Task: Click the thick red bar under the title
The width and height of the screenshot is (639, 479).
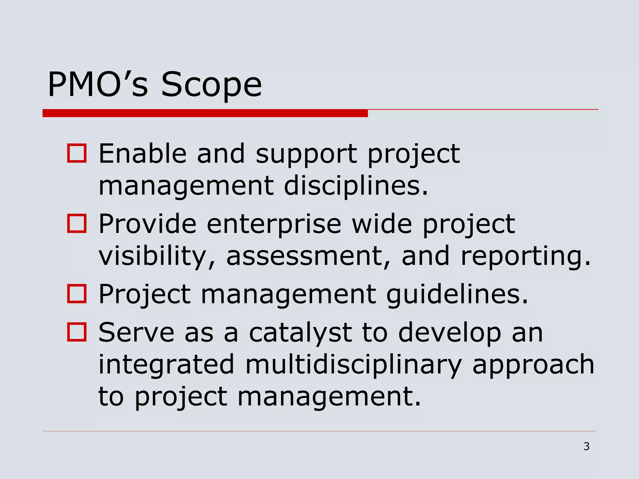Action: (205, 113)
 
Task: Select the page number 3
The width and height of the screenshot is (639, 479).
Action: (586, 447)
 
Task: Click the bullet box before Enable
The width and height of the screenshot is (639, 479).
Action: (77, 153)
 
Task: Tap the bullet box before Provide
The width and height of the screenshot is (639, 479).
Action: (77, 224)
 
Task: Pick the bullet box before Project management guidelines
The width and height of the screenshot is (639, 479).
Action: (77, 294)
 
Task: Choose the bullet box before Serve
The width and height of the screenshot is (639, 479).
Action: (77, 332)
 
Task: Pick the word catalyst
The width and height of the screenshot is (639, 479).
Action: (300, 333)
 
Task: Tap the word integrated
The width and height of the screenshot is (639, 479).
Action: (166, 365)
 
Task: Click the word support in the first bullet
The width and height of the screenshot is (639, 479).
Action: (306, 155)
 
